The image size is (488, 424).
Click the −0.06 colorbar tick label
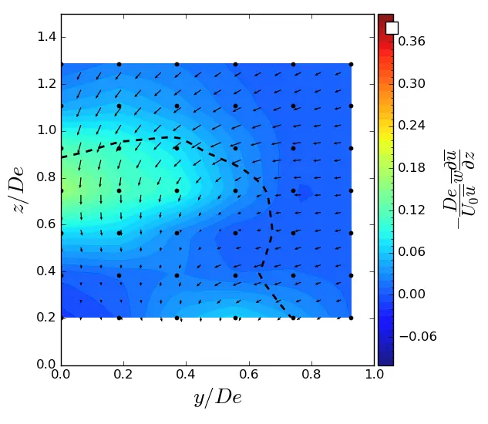pos(416,336)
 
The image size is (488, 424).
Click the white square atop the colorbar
pos(392,28)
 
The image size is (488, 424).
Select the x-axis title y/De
pos(217,398)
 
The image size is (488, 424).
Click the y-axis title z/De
pos(18,189)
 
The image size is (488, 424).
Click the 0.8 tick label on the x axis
pos(311,375)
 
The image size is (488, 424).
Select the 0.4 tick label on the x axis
pos(187,375)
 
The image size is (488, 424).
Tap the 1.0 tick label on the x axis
pos(374,375)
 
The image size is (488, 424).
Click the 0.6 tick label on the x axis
pos(249,375)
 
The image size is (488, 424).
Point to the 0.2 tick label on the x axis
pos(124,375)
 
